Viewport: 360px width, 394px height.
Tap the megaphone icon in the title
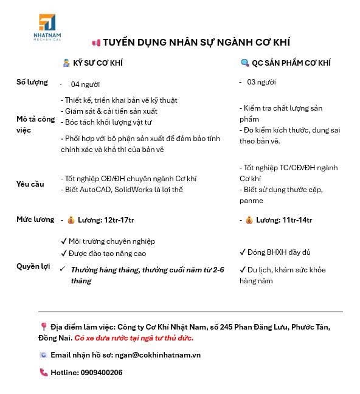click(x=95, y=43)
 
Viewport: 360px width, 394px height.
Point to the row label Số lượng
click(x=32, y=82)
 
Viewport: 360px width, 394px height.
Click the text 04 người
click(x=85, y=85)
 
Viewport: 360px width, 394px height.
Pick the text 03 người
click(x=261, y=82)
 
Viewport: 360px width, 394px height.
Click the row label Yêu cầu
click(x=30, y=184)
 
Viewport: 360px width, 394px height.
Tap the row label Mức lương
click(x=35, y=219)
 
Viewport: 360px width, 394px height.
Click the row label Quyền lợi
click(x=33, y=266)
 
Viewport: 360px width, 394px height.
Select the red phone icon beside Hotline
click(x=43, y=373)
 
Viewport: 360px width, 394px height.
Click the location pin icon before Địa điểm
click(x=43, y=327)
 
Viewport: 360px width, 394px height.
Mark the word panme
click(x=251, y=201)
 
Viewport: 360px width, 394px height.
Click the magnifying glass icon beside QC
click(x=245, y=63)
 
